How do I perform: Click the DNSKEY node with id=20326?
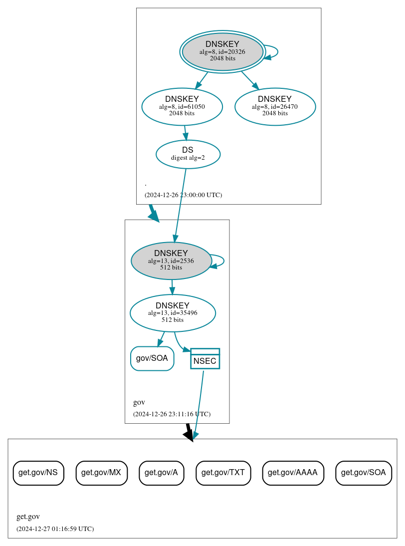tap(222, 52)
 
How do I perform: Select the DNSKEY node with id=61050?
tap(182, 106)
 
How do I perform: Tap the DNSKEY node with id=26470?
tap(275, 106)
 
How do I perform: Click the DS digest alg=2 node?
tap(188, 154)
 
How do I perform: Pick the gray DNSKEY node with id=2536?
tap(171, 261)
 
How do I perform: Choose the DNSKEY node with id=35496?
tap(173, 313)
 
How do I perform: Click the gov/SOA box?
tap(152, 358)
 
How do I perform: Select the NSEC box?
tap(205, 359)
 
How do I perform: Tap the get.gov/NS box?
tap(38, 473)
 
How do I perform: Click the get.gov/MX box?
tap(102, 473)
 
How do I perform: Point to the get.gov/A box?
tap(162, 473)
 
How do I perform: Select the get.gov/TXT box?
tap(223, 473)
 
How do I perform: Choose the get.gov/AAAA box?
tap(293, 473)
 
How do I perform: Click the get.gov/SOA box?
tap(364, 473)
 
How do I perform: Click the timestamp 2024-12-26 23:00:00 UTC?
tap(183, 195)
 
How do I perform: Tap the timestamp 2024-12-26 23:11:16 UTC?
tap(172, 414)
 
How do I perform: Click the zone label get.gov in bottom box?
tap(28, 517)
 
